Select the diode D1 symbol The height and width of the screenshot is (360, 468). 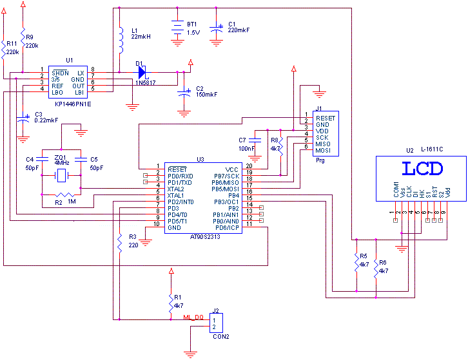pyautogui.click(x=142, y=72)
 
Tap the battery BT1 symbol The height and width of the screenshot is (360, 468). pyautogui.click(x=177, y=28)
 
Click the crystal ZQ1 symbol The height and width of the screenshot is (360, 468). pyautogui.click(x=61, y=175)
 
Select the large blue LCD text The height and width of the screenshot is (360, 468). pyautogui.click(x=422, y=169)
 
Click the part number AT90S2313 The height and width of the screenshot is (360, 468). pyautogui.click(x=204, y=236)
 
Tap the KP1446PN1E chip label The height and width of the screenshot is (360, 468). pyautogui.click(x=73, y=103)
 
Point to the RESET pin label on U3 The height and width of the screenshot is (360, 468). pyautogui.click(x=177, y=169)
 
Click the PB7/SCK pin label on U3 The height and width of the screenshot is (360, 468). pyautogui.click(x=227, y=176)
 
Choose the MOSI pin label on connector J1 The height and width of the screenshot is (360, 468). pyautogui.click(x=324, y=151)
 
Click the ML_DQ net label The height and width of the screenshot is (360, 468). pyautogui.click(x=194, y=317)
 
